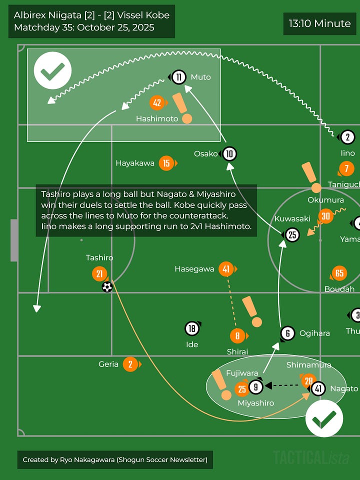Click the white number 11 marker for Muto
(178, 77)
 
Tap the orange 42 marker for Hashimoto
(157, 103)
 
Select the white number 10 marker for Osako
(229, 153)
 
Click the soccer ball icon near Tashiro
(107, 287)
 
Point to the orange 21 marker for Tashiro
(99, 273)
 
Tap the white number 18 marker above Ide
(192, 328)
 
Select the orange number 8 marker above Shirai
(237, 336)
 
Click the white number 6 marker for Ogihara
(287, 333)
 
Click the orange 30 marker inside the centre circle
(326, 215)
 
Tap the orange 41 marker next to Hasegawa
(226, 269)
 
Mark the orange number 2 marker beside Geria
(130, 364)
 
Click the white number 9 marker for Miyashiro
(255, 387)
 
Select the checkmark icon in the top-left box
(52, 70)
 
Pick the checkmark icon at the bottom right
(324, 418)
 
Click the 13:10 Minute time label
(320, 23)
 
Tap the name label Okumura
(325, 200)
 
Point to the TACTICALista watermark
(311, 457)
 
